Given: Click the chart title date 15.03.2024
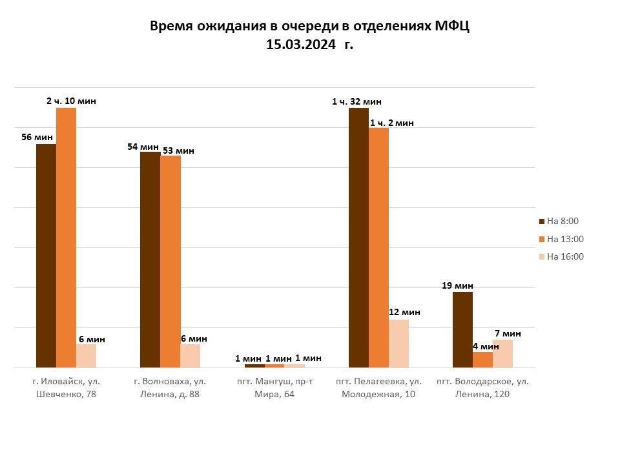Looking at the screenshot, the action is [301, 45].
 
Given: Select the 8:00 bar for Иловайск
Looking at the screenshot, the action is [46, 256].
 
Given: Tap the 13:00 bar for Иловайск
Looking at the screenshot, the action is [66, 238].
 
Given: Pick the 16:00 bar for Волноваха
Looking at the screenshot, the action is [190, 356].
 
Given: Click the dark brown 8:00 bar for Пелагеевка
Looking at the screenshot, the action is [358, 238].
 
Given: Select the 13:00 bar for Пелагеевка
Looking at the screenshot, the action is [379, 248].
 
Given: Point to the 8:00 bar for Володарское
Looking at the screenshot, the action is [462, 330].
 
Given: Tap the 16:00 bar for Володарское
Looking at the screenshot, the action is [502, 354].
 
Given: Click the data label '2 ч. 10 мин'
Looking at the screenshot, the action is [71, 101].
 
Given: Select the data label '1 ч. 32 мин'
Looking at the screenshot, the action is [356, 101].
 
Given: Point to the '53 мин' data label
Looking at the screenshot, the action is [178, 150].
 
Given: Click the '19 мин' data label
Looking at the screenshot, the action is [457, 285].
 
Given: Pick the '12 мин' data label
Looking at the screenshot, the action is [404, 313].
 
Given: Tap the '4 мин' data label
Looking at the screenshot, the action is [486, 346].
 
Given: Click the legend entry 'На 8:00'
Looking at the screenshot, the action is [559, 221].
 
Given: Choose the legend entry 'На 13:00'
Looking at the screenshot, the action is [561, 239].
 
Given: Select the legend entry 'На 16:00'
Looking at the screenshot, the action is [561, 256].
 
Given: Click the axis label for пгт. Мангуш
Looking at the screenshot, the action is [275, 388].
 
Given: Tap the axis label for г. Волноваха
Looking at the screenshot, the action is [170, 388].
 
